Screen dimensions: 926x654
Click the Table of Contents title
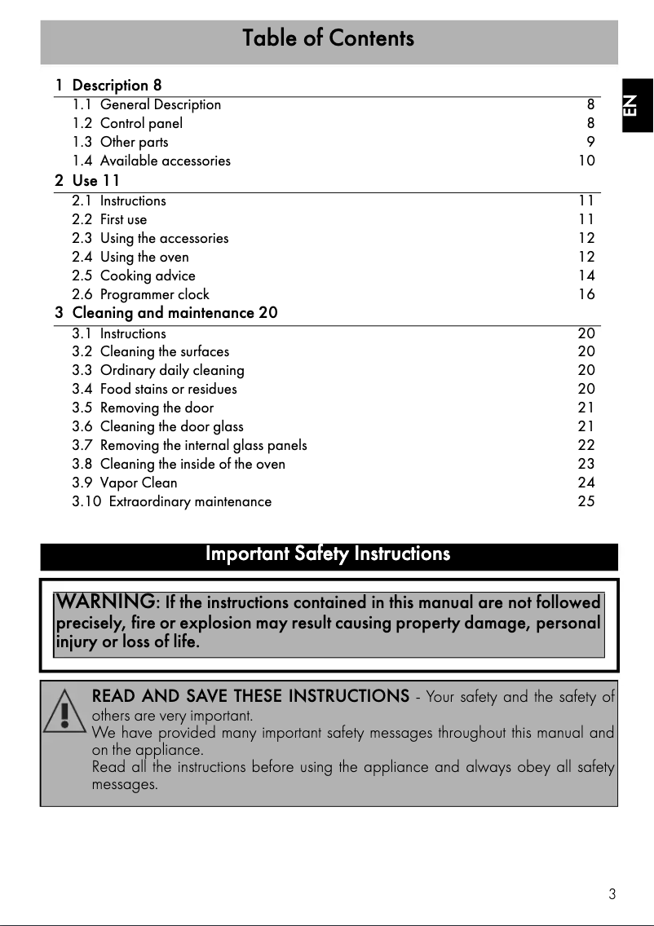click(328, 38)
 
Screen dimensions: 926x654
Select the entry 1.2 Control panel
click(127, 123)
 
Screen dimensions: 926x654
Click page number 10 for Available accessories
click(586, 161)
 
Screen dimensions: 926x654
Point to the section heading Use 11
click(95, 180)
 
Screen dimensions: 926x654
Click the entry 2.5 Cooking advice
click(134, 276)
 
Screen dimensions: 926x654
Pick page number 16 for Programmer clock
click(586, 294)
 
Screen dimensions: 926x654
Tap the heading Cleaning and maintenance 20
click(175, 313)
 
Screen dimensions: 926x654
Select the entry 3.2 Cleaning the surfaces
click(151, 351)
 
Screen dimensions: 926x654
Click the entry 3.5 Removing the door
click(143, 408)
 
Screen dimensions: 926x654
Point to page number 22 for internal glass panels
click(586, 445)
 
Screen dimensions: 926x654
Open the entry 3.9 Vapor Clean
click(125, 483)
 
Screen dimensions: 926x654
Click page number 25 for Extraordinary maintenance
click(586, 501)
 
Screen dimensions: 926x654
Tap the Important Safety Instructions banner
click(328, 554)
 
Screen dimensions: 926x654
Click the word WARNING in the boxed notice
click(105, 602)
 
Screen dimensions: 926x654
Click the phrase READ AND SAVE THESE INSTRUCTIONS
click(250, 696)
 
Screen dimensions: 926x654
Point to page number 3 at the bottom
click(612, 894)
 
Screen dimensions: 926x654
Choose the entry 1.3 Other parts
click(121, 142)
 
